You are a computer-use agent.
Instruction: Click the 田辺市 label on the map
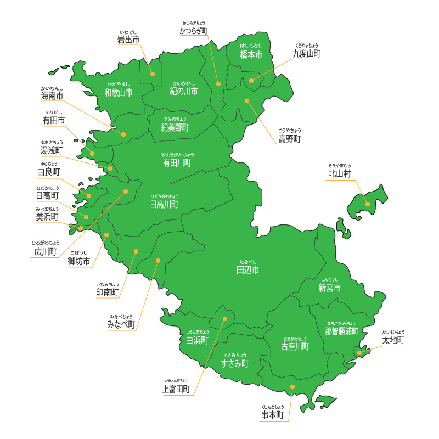tap(247, 270)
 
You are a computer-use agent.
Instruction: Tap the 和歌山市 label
tap(119, 92)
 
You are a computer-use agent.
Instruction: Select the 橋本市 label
tap(251, 55)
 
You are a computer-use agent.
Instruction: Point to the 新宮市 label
tap(330, 288)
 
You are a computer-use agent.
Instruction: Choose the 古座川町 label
tap(295, 347)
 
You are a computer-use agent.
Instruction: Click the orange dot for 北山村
tap(368, 204)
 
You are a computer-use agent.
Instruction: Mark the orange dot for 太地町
tap(359, 353)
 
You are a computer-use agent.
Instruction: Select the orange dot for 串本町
tap(292, 387)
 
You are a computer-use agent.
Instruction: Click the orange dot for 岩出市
tap(153, 74)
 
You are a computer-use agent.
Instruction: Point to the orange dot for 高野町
tap(247, 100)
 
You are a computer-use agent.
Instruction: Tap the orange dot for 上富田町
tap(224, 319)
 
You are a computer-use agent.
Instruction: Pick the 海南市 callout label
tap(52, 96)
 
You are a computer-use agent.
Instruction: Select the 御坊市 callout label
tap(79, 262)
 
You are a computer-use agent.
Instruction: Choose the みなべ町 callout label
tap(121, 325)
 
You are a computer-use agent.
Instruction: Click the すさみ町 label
tap(235, 363)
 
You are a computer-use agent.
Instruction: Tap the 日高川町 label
tap(164, 204)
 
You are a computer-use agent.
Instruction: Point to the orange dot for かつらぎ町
tap(218, 84)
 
